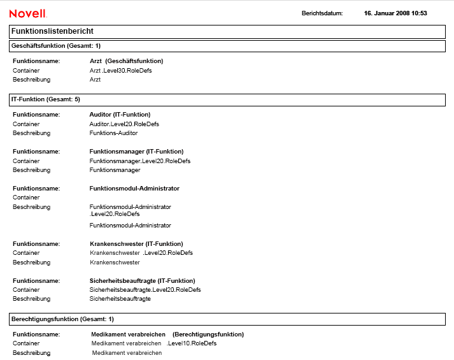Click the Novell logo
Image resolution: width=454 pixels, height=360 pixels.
coord(27,13)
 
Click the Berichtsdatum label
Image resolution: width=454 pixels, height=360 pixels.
coord(322,13)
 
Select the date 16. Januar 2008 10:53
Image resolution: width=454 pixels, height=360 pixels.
coord(395,13)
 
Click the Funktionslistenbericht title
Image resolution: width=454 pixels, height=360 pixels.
coord(53,31)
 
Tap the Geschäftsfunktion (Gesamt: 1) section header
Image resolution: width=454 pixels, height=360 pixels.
coord(56,46)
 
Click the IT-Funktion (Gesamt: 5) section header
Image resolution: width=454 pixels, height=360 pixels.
coord(46,100)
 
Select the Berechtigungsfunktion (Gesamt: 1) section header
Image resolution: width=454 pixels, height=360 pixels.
coord(62,319)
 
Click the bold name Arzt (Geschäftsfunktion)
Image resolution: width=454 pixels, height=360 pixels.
coord(126,61)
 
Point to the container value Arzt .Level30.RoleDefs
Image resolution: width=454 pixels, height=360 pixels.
coord(120,71)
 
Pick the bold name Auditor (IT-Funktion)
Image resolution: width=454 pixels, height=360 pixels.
coord(120,115)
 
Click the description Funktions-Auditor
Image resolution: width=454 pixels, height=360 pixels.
coord(113,133)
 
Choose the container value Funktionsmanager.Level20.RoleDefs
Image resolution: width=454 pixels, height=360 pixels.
coord(139,161)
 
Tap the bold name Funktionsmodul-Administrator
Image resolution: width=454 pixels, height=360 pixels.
coord(134,189)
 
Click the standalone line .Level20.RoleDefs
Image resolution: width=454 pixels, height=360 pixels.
coord(115,214)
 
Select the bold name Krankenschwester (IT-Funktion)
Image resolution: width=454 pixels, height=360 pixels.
coord(136,244)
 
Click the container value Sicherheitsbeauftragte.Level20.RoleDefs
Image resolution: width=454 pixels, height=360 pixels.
coord(145,290)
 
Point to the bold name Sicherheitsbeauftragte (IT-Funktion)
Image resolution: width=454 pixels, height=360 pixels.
coord(142,281)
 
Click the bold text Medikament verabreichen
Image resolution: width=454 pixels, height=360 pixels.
coord(128,335)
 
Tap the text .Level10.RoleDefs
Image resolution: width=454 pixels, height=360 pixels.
coord(192,343)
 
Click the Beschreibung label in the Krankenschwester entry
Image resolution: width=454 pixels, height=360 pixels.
coord(31,263)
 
